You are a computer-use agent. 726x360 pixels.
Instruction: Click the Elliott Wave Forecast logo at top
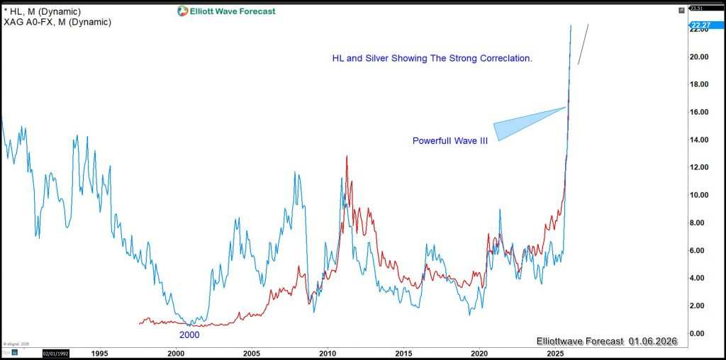tap(225, 11)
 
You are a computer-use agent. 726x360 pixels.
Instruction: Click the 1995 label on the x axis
tap(99, 352)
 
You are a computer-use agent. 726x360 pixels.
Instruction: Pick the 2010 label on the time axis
tap(327, 352)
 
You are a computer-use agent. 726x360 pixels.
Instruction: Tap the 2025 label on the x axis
tap(554, 352)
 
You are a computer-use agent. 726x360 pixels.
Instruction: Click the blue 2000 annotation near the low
tap(189, 335)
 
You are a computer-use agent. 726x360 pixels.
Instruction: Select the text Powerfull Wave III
tap(449, 141)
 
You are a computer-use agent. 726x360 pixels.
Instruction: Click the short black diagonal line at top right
tap(583, 45)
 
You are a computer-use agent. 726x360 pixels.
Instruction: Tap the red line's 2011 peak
tap(347, 157)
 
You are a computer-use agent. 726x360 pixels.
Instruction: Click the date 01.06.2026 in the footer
tap(652, 341)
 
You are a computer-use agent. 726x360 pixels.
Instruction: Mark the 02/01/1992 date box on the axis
tap(57, 352)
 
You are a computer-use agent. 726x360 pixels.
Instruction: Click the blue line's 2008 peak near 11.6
tap(294, 173)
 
